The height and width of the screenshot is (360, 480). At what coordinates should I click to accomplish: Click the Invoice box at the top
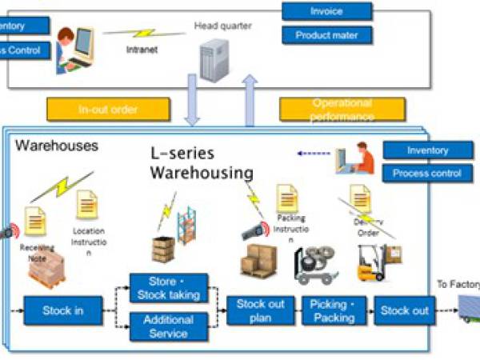[x=326, y=11]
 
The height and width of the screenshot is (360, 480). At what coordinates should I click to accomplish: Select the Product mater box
[x=326, y=35]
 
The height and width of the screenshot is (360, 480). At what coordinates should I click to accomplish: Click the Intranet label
[x=142, y=48]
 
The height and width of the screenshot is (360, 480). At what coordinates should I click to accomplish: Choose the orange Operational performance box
[x=342, y=110]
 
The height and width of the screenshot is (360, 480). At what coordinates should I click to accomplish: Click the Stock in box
[x=62, y=309]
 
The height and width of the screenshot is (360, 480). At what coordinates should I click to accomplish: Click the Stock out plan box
[x=262, y=310]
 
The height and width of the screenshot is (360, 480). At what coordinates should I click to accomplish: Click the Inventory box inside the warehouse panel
[x=428, y=150]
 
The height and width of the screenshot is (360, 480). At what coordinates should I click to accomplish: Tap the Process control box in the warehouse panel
[x=428, y=174]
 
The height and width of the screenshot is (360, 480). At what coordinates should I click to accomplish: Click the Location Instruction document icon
[x=86, y=206]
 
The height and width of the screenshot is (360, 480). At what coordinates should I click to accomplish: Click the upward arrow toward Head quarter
[x=250, y=100]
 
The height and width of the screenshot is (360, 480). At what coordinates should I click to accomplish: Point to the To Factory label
[x=458, y=284]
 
